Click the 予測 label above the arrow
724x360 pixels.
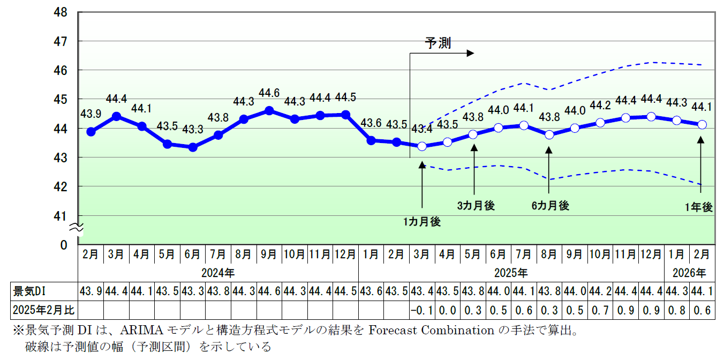coord(438,43)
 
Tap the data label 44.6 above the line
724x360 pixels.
coord(269,93)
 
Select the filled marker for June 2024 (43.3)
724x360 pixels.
coord(193,147)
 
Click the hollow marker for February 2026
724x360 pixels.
coord(702,124)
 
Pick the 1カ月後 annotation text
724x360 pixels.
coord(422,222)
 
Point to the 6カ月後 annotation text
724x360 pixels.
coord(550,205)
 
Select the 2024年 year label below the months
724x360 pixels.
coord(218,273)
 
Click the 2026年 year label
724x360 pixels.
coord(690,273)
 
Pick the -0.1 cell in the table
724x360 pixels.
coord(422,310)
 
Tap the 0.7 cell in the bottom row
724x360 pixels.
coord(600,310)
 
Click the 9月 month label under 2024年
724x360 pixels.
coord(269,253)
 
